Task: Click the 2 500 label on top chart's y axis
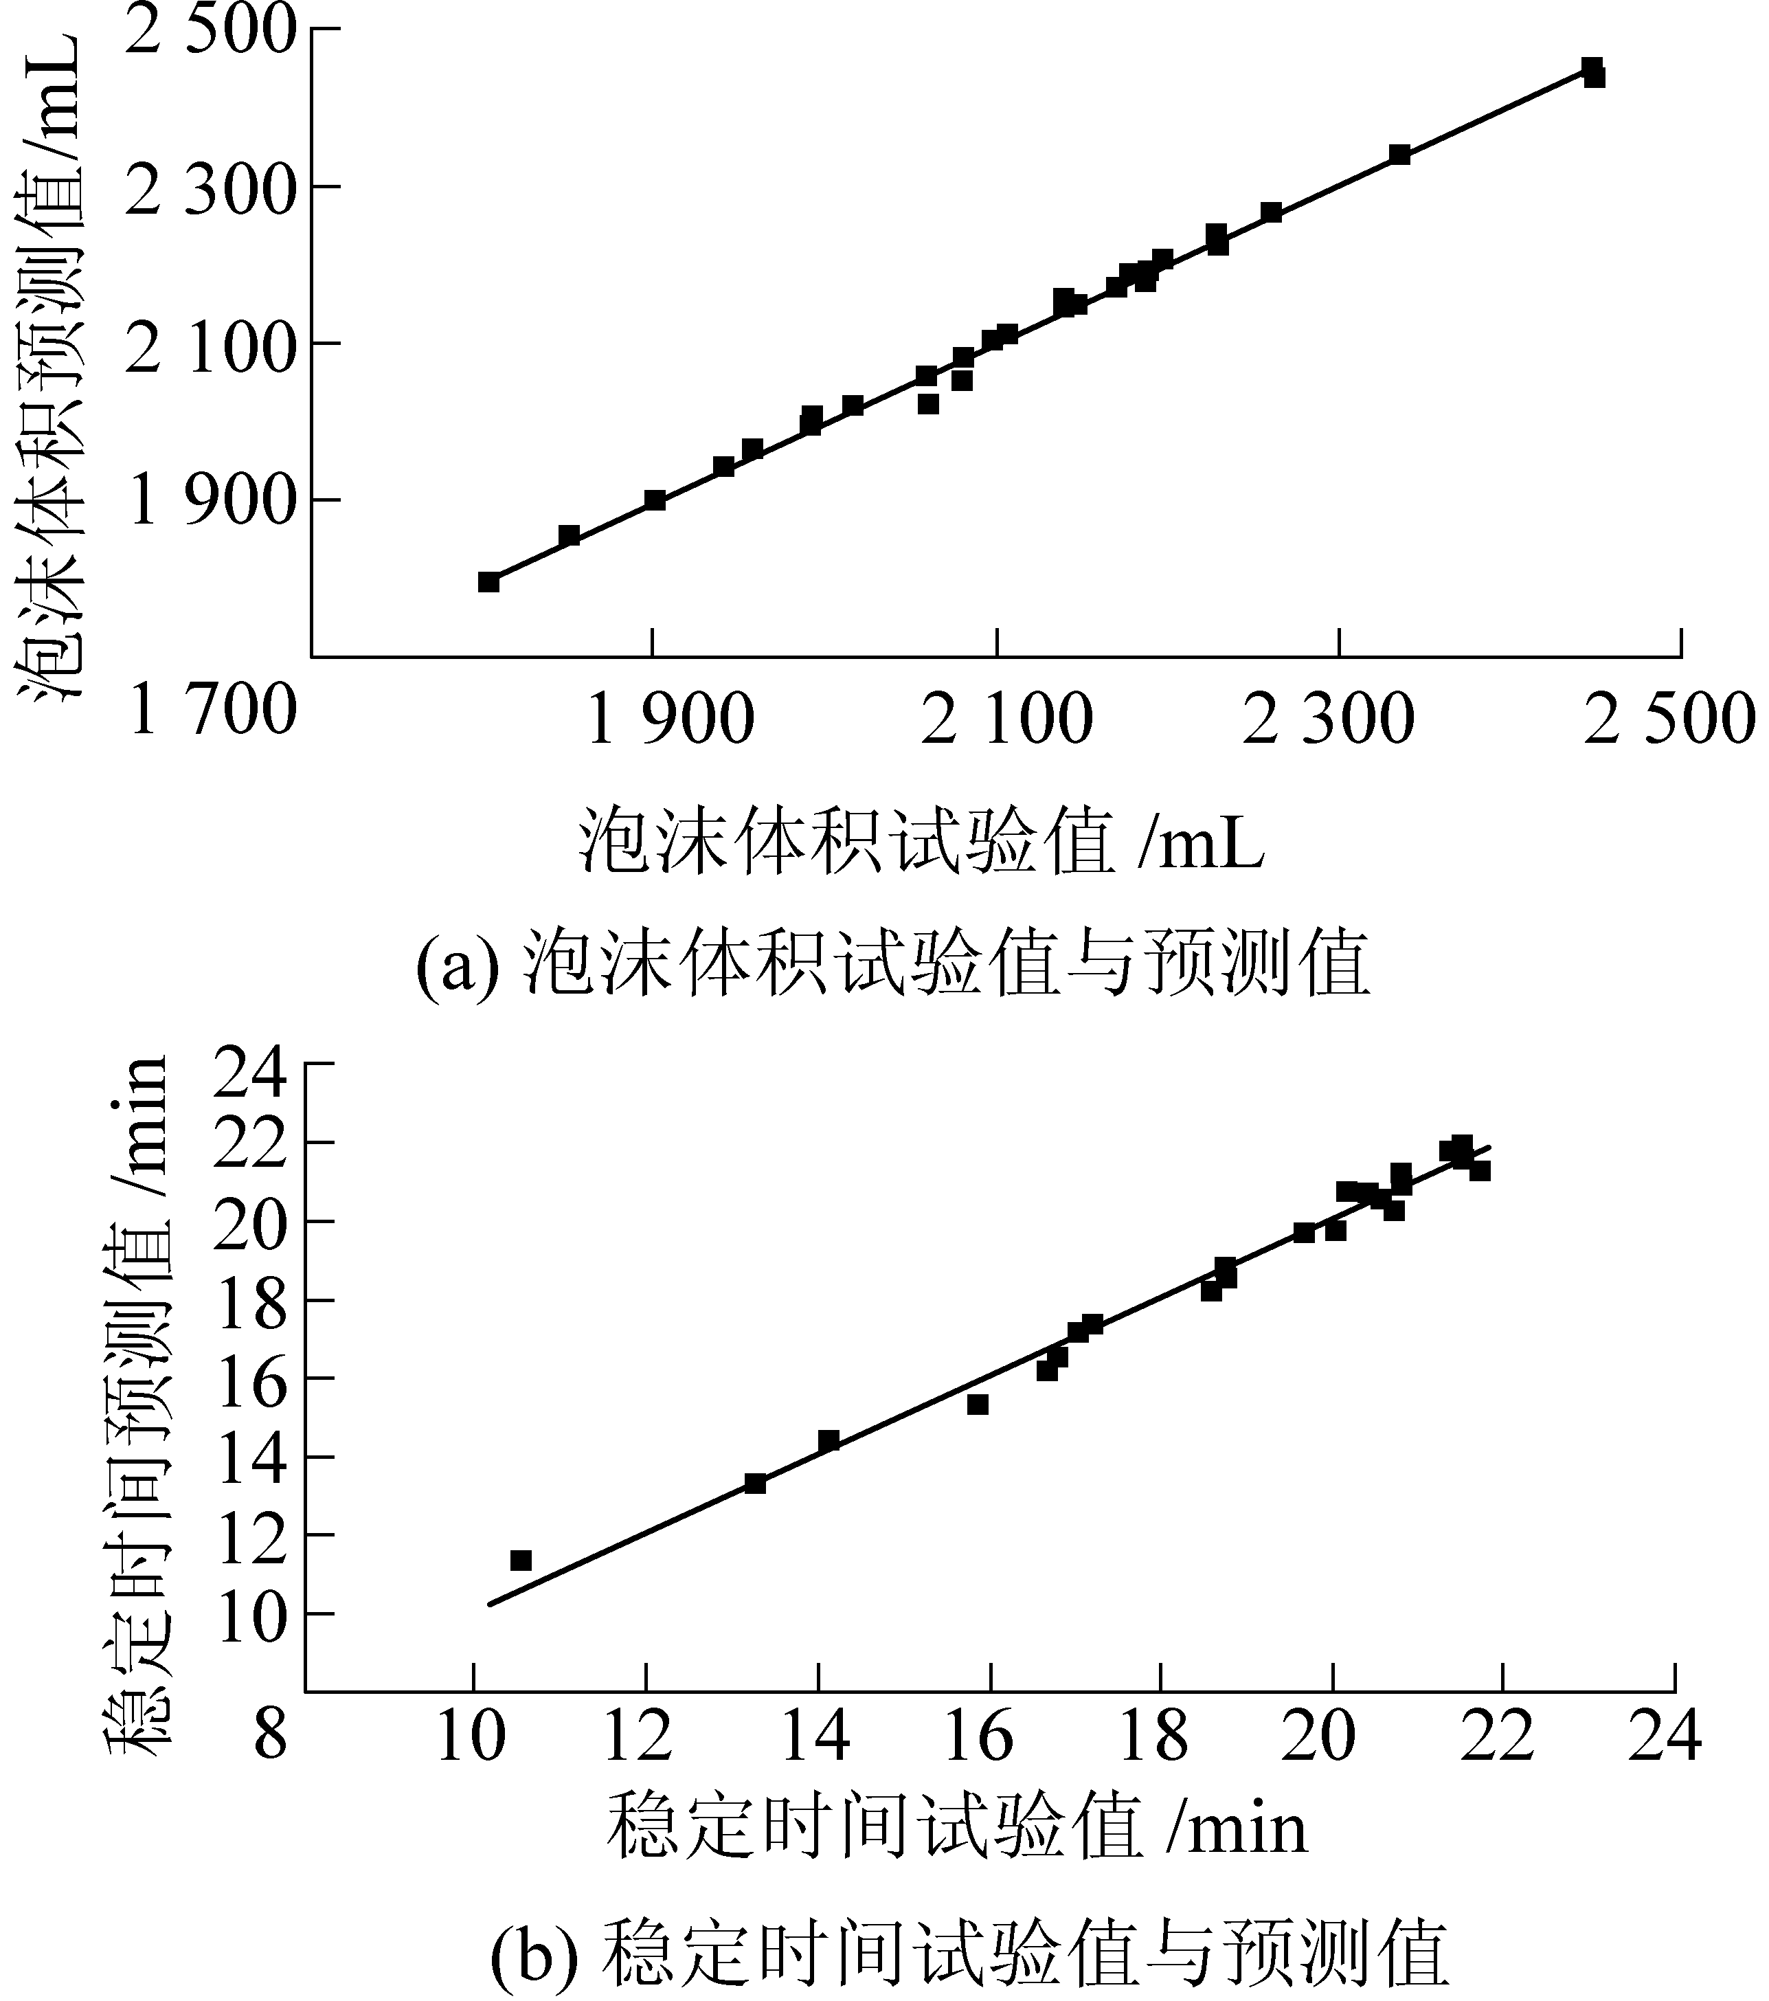pyautogui.click(x=210, y=32)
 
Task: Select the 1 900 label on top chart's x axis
pyautogui.click(x=670, y=719)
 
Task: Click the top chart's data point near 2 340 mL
pyautogui.click(x=1400, y=155)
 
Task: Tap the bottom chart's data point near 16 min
pyautogui.click(x=977, y=1405)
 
